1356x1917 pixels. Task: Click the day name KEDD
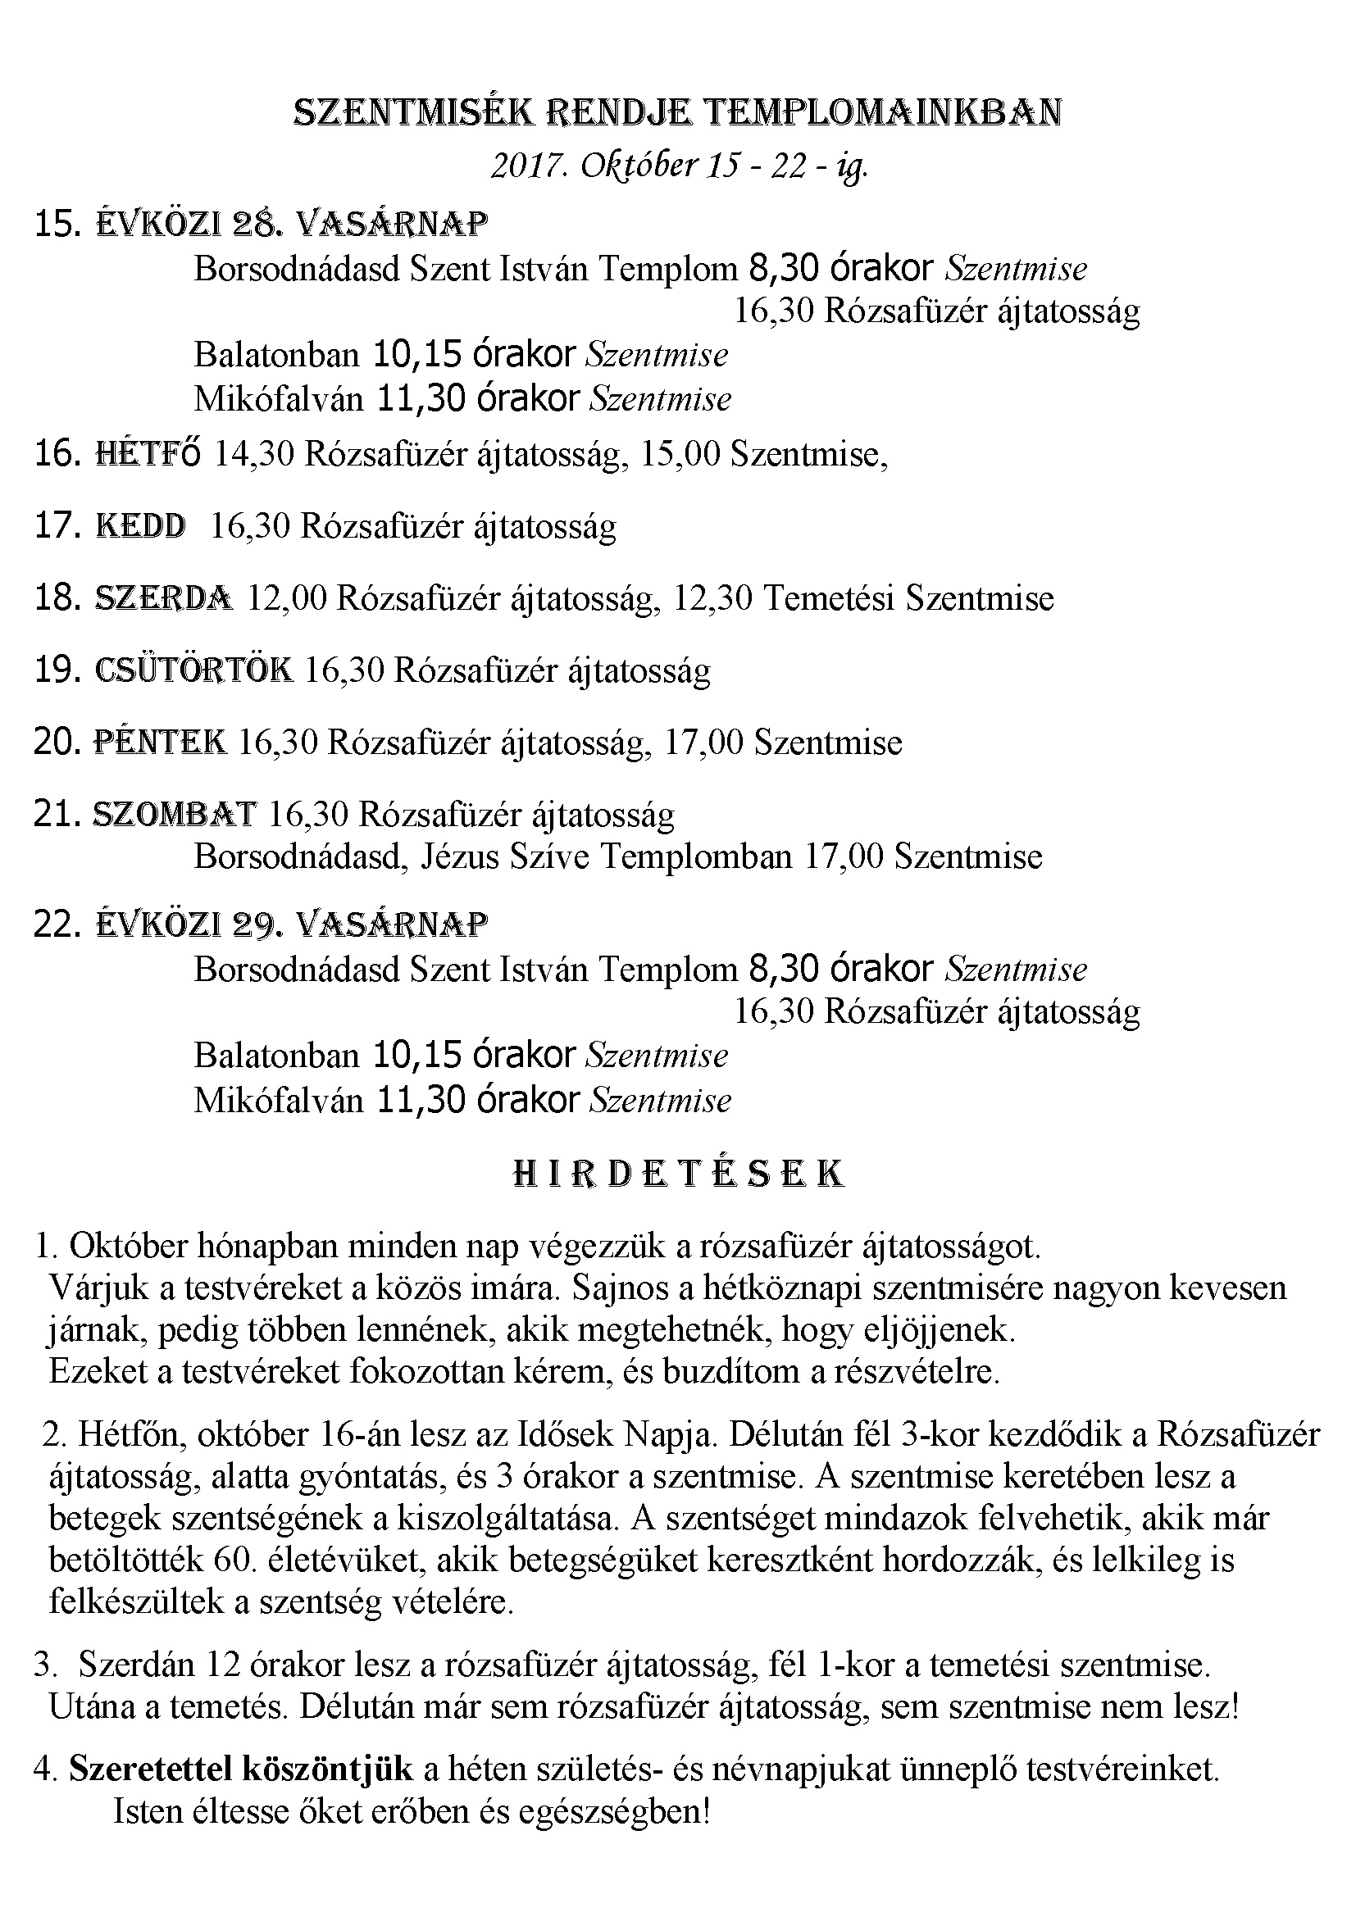140,526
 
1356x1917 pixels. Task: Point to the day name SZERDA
164,597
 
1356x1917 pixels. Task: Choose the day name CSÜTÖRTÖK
193,670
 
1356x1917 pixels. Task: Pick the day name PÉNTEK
160,742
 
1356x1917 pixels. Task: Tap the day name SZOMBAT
175,813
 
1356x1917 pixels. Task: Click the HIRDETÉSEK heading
677,1173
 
